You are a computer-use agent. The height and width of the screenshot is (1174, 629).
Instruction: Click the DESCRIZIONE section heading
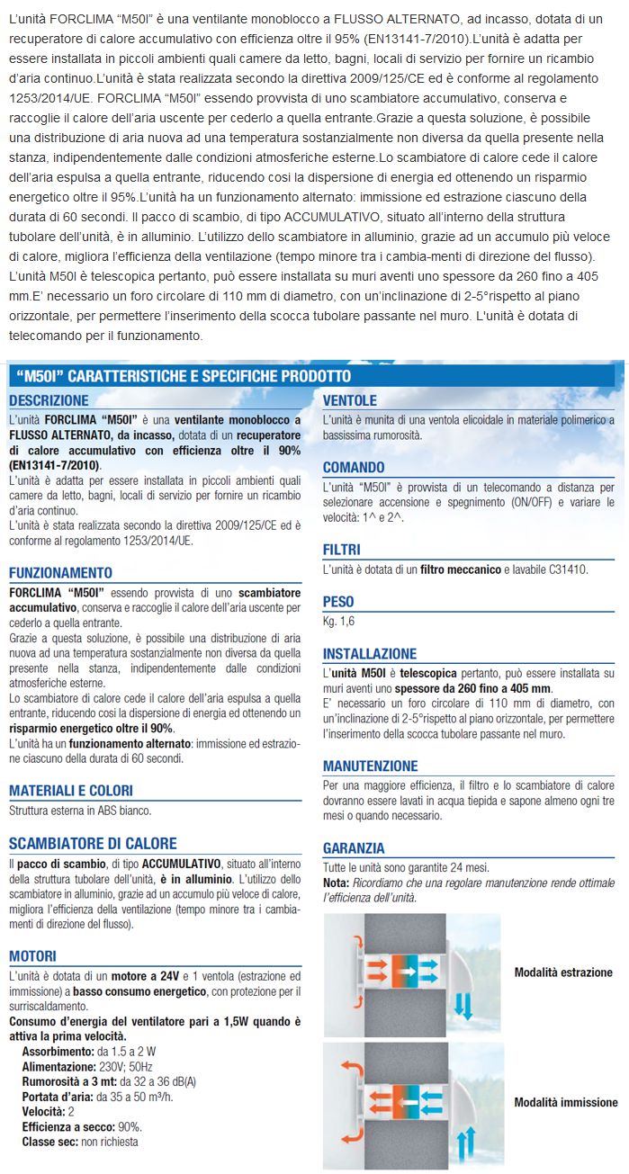(x=49, y=400)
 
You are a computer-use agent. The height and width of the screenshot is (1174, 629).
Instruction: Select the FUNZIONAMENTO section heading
(x=60, y=573)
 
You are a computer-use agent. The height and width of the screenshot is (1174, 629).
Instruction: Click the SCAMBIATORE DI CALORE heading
(x=93, y=844)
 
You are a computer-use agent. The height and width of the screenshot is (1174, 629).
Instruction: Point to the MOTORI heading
(x=32, y=955)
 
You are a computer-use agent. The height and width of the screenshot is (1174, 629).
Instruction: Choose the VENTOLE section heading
(x=350, y=400)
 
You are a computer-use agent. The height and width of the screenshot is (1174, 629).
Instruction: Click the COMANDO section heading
(x=354, y=468)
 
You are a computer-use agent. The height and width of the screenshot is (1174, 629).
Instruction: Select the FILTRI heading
(x=342, y=549)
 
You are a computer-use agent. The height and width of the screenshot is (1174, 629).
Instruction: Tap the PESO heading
(x=338, y=602)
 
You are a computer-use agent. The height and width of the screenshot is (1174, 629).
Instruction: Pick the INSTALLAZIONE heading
(x=370, y=654)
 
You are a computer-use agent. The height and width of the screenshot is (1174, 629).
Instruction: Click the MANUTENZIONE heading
(x=371, y=766)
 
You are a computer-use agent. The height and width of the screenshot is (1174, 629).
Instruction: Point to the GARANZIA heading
(x=354, y=848)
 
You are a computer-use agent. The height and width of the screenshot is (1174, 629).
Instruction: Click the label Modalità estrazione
(x=562, y=972)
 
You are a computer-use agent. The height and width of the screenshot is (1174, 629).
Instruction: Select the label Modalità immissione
(x=565, y=1102)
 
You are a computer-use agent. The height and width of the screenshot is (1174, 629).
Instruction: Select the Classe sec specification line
(x=80, y=1142)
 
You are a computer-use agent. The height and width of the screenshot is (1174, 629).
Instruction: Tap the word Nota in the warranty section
(x=336, y=884)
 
